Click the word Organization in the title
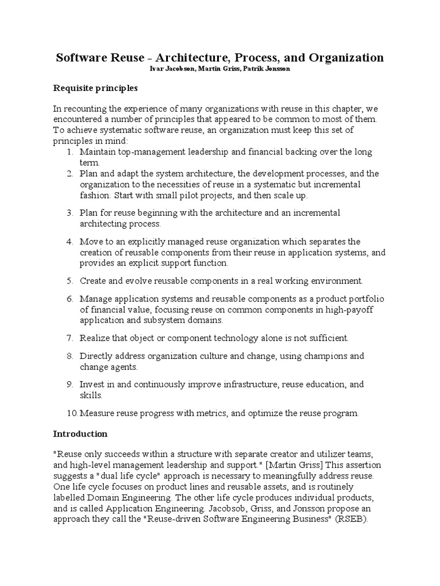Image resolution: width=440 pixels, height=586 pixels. (x=347, y=58)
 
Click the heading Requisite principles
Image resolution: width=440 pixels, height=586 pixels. (x=95, y=88)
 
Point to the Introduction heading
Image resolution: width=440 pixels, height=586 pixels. (x=80, y=434)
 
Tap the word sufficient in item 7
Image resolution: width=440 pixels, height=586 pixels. (x=327, y=338)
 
